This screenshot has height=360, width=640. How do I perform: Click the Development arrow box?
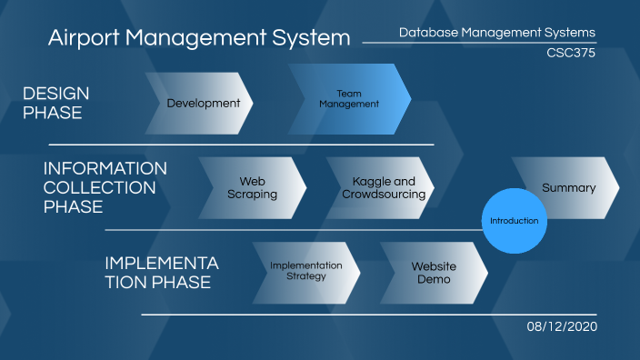(202, 103)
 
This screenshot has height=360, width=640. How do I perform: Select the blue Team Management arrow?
(349, 98)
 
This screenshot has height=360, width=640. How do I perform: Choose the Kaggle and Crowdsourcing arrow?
(383, 188)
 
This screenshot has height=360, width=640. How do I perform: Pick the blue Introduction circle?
(514, 221)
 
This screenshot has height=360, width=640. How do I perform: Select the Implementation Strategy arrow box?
(305, 271)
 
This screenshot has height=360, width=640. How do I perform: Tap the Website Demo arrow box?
(434, 272)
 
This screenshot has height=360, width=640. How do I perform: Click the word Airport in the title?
(84, 38)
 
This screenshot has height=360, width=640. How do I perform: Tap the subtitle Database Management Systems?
(497, 33)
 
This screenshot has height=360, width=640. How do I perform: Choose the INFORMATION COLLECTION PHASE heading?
(105, 188)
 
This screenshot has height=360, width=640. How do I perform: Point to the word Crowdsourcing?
(383, 195)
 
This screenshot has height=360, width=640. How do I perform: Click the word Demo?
(434, 279)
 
